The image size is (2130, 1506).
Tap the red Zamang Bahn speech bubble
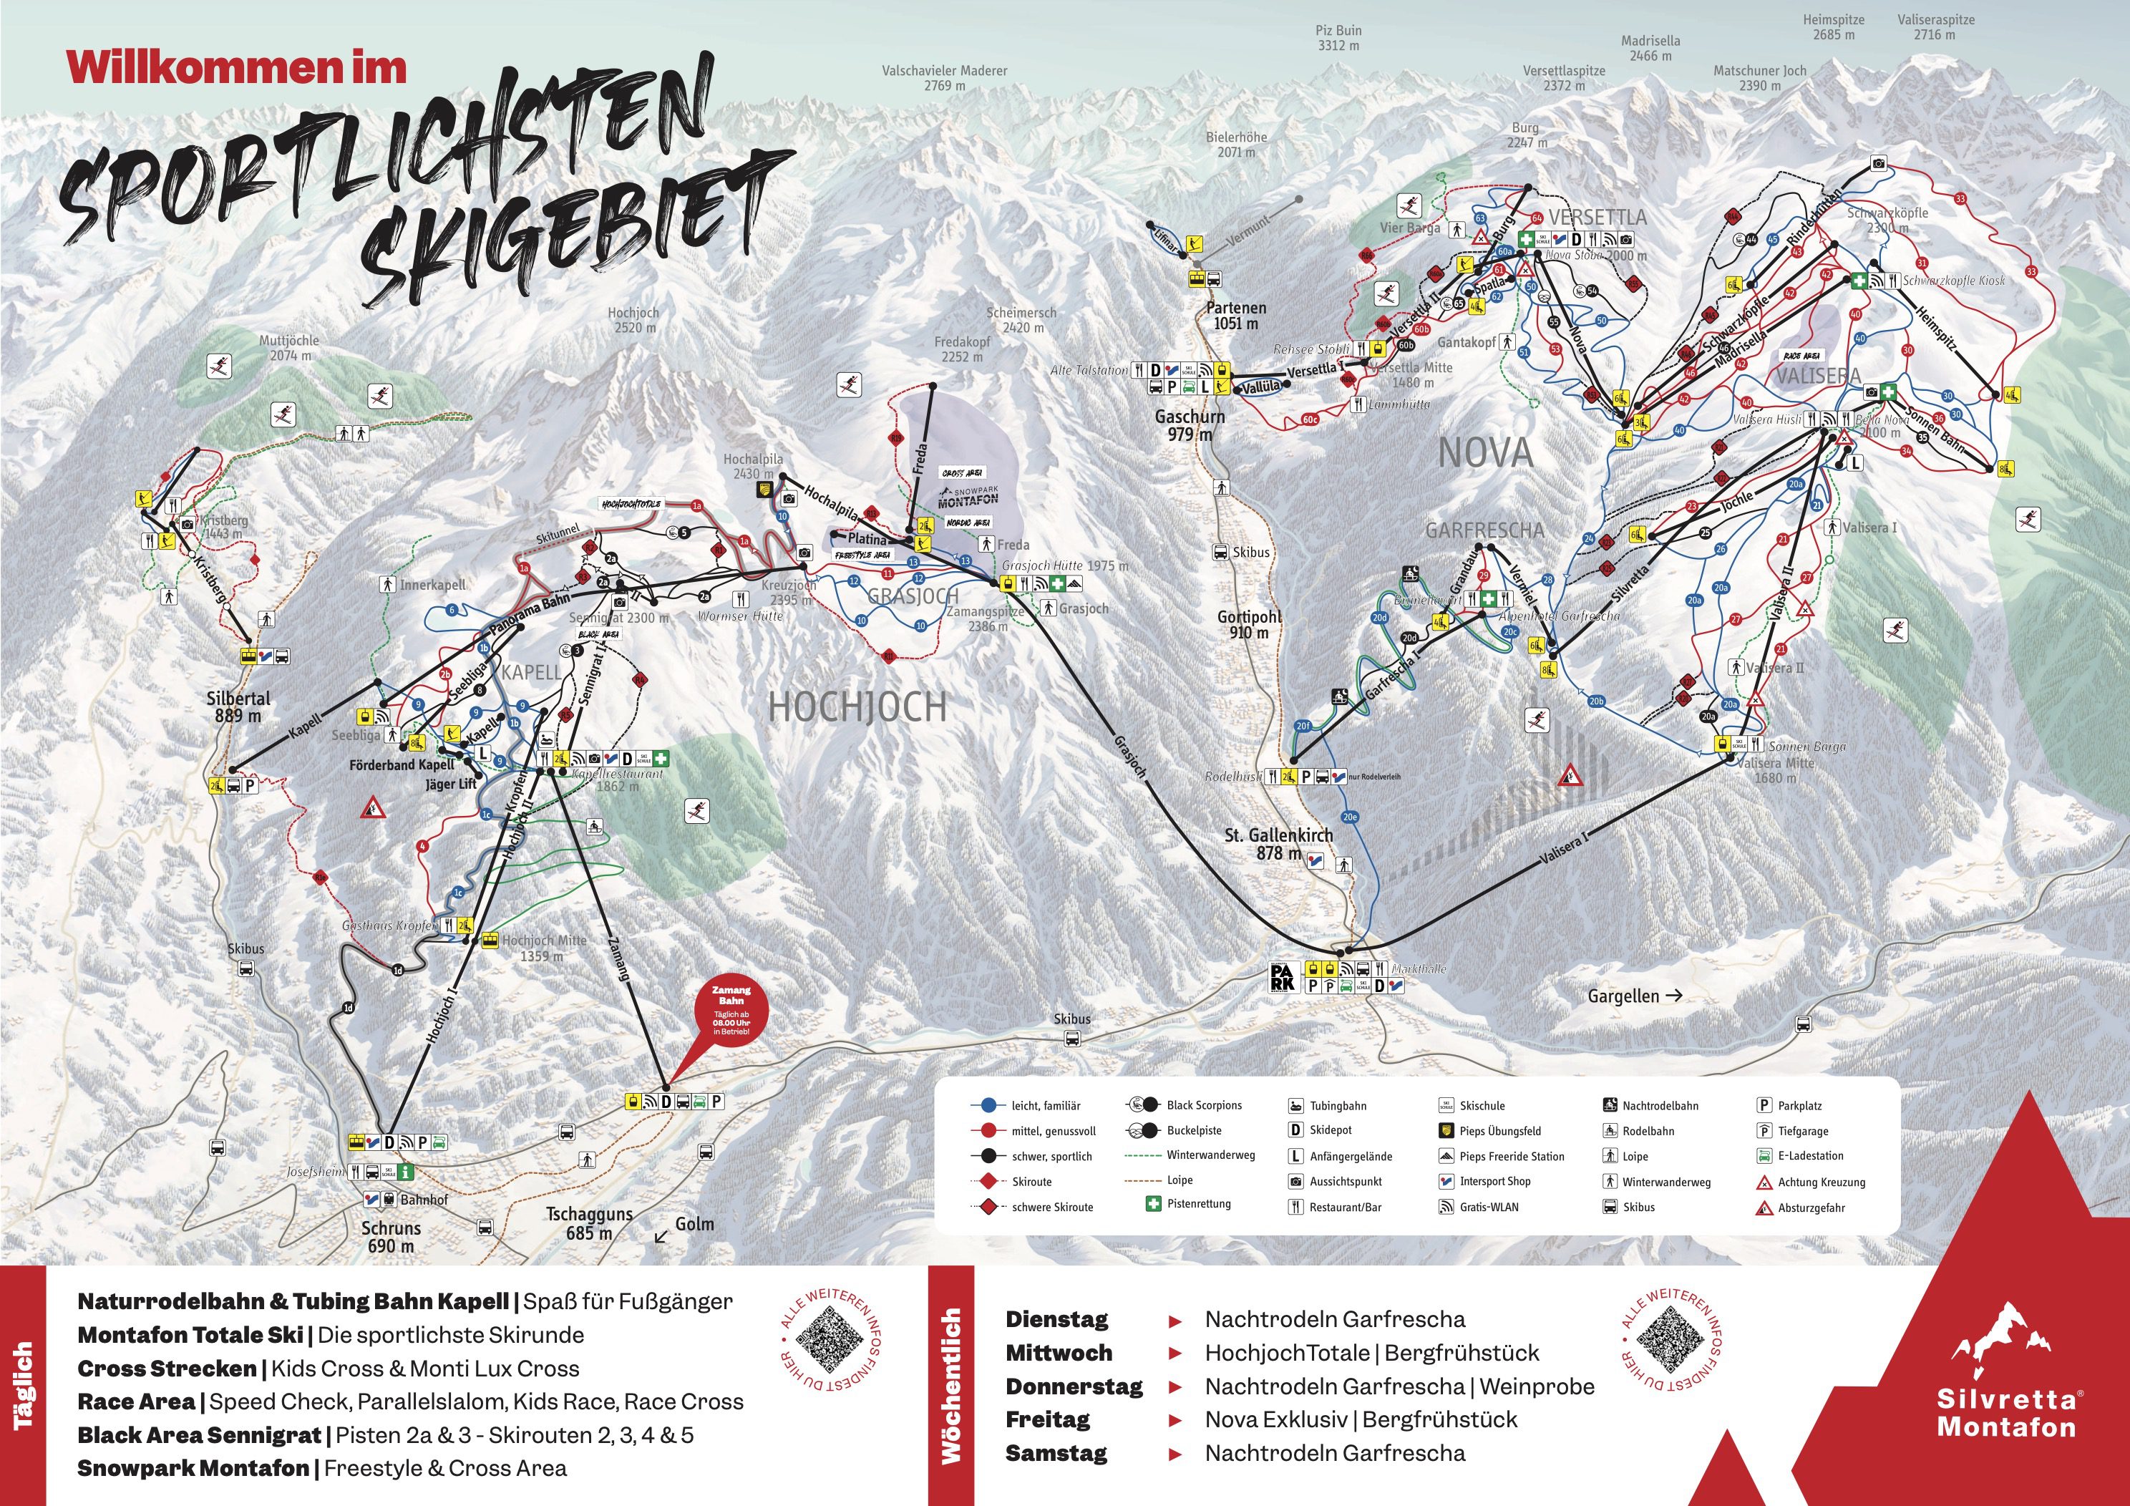click(x=731, y=1014)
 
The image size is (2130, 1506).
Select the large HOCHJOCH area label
click(x=857, y=708)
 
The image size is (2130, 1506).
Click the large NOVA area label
click(x=1484, y=454)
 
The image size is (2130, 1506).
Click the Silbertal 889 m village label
click(x=238, y=706)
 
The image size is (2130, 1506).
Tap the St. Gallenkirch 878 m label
click(x=1278, y=843)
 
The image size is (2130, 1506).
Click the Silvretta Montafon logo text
click(x=2005, y=1412)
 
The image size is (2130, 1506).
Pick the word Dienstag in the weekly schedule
click(x=1056, y=1319)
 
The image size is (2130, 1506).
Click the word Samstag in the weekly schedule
click(x=1056, y=1453)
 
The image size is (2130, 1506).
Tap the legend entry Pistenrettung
click(x=1199, y=1203)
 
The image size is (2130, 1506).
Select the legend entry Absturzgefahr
click(x=1811, y=1208)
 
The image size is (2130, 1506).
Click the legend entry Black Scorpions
click(x=1203, y=1105)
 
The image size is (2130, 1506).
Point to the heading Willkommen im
click(x=237, y=69)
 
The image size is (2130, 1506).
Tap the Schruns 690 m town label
click(x=392, y=1236)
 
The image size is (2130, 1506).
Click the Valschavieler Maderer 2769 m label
click(x=943, y=78)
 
